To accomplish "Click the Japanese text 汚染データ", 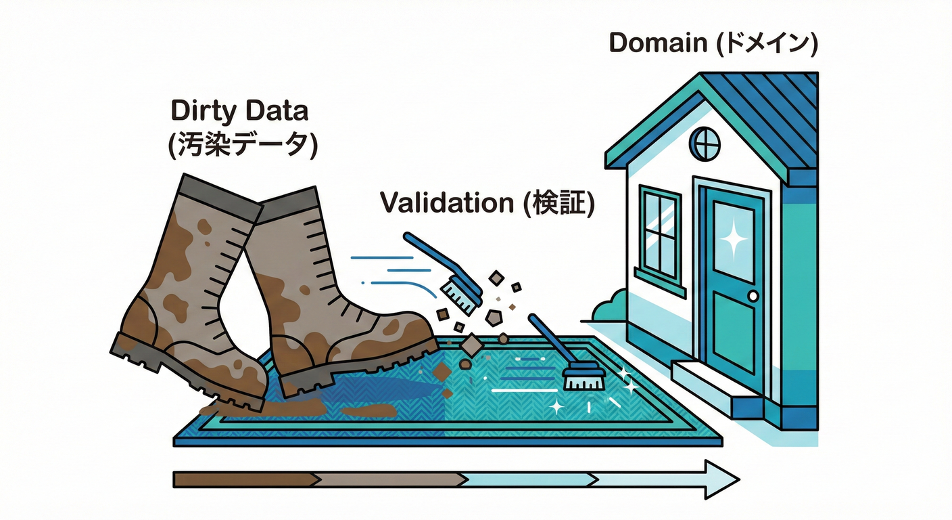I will click(x=243, y=146).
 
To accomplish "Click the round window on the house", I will click(x=705, y=144).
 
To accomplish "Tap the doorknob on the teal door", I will click(x=753, y=296).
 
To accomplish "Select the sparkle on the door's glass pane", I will click(x=732, y=238).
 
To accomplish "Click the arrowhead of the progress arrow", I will click(x=719, y=479).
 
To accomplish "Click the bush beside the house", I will click(x=609, y=309).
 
